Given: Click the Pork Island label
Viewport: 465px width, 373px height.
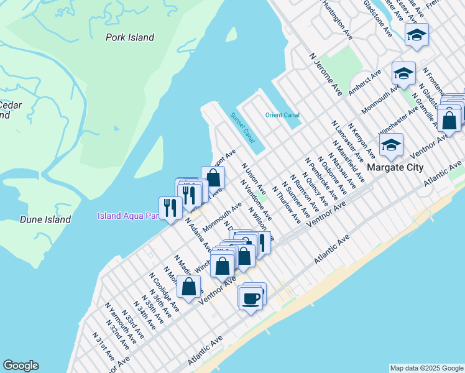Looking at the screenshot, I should [x=130, y=37].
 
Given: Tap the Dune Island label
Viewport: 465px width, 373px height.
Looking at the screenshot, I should [x=45, y=219].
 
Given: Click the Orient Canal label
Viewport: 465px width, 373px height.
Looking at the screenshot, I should [x=282, y=115].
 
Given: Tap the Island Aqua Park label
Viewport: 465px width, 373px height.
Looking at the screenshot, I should [x=127, y=216].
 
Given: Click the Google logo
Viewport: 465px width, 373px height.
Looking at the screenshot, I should [x=21, y=366].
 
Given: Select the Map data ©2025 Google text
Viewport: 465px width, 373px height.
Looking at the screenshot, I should [x=426, y=368].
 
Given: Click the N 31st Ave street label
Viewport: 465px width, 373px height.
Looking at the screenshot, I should [x=103, y=347].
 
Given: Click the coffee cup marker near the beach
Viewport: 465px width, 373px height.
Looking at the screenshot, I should [x=251, y=298].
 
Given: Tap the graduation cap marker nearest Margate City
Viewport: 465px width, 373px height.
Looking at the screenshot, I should [x=391, y=146].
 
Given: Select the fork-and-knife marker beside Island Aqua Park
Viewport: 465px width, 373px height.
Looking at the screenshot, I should [x=170, y=208].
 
